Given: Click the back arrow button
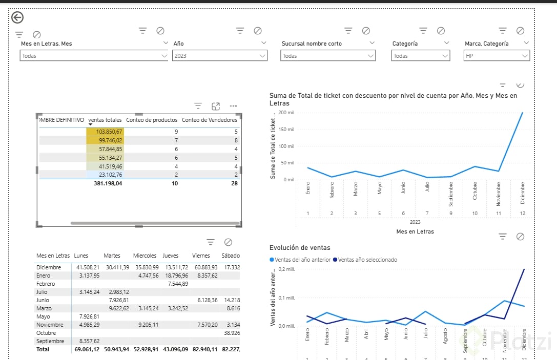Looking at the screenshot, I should point(17,18).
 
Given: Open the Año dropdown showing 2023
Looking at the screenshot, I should point(220,56).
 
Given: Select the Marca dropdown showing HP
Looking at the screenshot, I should point(497,56).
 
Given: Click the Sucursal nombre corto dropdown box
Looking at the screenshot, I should point(328,56).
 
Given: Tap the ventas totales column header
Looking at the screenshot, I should point(105,120).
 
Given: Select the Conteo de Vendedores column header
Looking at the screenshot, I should point(210,120).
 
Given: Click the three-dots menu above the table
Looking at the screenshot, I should point(234,106).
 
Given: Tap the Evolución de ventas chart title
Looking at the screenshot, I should point(300,248).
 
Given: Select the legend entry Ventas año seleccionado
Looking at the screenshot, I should point(367,260).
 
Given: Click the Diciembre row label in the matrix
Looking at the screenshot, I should point(49,267).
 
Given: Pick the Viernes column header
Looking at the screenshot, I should point(201,256).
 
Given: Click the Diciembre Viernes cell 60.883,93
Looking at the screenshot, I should point(204,267).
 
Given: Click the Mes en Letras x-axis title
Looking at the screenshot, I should point(415,231).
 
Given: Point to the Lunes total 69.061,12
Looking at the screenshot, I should point(87,349).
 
